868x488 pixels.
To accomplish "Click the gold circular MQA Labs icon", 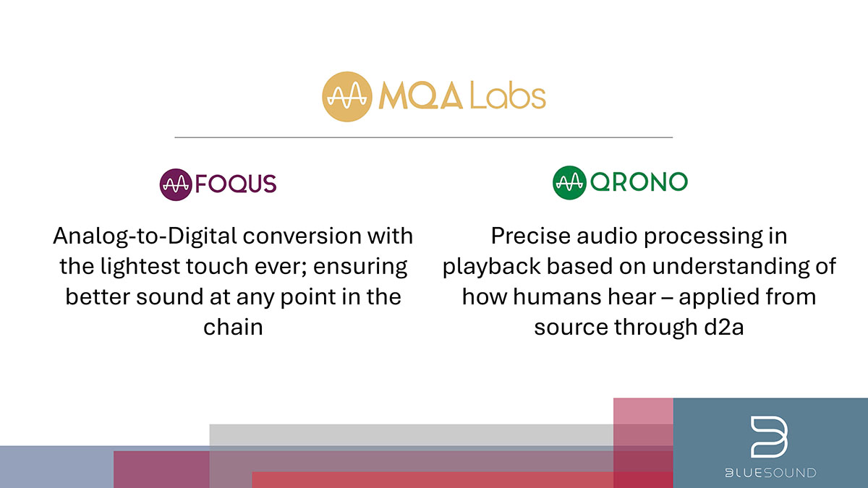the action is [346, 96].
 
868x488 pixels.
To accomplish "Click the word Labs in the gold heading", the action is [508, 96].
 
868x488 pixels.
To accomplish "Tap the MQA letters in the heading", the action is [420, 96].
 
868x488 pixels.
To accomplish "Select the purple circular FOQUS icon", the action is [176, 184].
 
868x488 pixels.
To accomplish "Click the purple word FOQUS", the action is [236, 184].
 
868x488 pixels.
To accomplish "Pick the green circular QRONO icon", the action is [569, 182].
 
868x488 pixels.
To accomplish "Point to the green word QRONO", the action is [639, 182].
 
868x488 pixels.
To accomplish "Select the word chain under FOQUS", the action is [233, 328].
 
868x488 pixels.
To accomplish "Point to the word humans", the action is [557, 297].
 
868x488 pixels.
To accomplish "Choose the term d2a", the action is [724, 328].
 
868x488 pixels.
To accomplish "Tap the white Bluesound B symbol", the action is [769, 437].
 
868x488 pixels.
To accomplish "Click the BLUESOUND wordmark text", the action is [771, 473].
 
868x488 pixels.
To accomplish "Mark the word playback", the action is [492, 267].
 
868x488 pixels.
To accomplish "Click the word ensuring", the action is [360, 267].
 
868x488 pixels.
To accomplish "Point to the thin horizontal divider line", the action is [424, 137].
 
